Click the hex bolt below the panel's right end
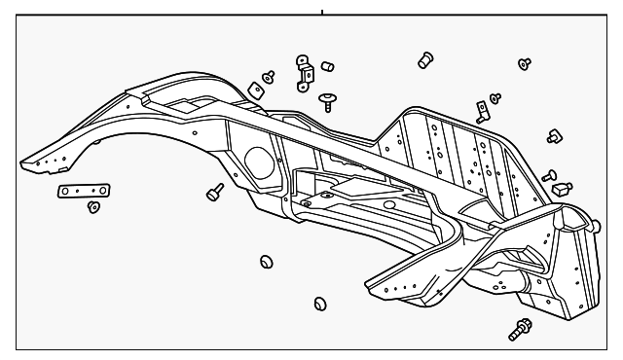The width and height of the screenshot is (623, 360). tap(519, 329)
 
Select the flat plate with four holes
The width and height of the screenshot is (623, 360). tap(82, 192)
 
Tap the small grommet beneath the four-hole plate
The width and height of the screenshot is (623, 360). tap(93, 207)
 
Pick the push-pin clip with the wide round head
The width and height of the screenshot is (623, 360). tap(327, 99)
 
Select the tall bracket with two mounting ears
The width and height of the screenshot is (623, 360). tap(306, 70)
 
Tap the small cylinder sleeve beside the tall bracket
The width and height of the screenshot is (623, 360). tap(329, 66)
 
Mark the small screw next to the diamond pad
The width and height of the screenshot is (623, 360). tap(269, 74)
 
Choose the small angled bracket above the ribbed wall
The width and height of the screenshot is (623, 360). tap(481, 110)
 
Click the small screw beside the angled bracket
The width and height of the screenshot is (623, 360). tap(495, 97)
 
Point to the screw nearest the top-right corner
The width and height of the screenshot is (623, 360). tap(525, 62)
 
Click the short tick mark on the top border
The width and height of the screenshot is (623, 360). tap(321, 13)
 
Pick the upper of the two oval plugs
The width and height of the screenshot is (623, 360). tap(266, 262)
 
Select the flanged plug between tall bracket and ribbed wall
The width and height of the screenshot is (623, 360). tap(424, 60)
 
